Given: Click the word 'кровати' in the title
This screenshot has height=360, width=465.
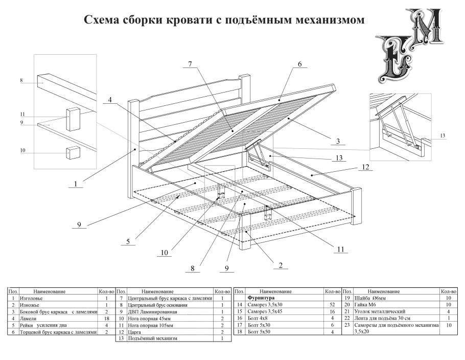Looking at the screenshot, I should pyautogui.click(x=186, y=20).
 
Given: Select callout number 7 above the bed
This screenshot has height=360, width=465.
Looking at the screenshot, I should pyautogui.click(x=190, y=64).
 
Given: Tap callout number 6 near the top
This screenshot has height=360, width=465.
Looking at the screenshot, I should pyautogui.click(x=299, y=64).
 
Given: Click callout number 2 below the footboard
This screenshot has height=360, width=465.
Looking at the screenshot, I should pyautogui.click(x=281, y=265).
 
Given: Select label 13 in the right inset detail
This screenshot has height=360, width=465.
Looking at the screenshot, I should pyautogui.click(x=443, y=136).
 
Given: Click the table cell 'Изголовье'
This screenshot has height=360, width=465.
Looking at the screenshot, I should pyautogui.click(x=30, y=298).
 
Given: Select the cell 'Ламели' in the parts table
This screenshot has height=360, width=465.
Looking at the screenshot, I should pyautogui.click(x=27, y=318).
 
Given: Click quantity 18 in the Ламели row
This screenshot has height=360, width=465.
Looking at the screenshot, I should pyautogui.click(x=106, y=318).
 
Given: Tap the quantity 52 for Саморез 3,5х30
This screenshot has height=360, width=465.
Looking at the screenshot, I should pyautogui.click(x=332, y=304).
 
